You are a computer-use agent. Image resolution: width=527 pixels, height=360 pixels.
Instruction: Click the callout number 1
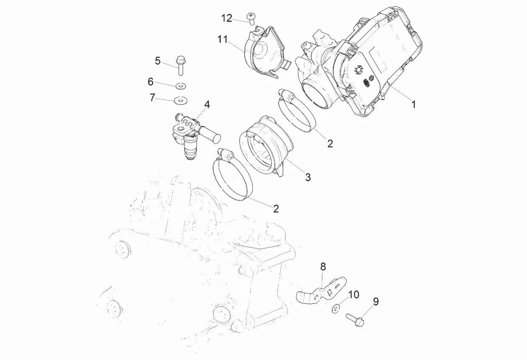(414, 104)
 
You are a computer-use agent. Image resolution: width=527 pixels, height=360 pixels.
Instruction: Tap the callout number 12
(227, 18)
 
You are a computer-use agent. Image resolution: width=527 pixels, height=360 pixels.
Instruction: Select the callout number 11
(223, 40)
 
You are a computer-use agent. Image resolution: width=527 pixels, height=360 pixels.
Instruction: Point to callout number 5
(158, 61)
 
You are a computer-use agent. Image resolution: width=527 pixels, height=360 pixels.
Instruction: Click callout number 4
(207, 105)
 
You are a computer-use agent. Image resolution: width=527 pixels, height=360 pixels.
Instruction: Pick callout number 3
(308, 177)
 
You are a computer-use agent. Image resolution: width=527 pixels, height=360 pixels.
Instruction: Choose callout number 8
(323, 267)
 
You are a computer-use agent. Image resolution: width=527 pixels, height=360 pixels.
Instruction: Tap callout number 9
(376, 302)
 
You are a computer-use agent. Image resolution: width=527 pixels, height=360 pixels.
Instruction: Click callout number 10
(354, 295)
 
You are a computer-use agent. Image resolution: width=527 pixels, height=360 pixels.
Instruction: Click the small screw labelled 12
(251, 17)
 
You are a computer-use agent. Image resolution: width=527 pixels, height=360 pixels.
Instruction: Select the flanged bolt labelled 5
(179, 66)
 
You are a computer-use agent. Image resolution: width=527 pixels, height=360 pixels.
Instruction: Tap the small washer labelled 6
(181, 86)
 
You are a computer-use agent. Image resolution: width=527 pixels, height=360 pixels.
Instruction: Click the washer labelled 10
(336, 308)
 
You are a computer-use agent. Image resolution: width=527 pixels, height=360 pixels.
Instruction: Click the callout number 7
(153, 97)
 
